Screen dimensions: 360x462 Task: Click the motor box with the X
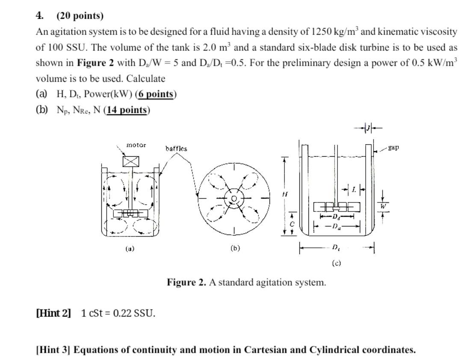[x=130, y=161]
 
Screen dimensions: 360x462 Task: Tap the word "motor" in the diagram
[x=136, y=145]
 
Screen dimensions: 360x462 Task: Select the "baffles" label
[x=176, y=149]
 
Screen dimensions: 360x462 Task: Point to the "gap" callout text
[x=394, y=147]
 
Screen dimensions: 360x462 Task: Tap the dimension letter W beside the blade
[x=383, y=206]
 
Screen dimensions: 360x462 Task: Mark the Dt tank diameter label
[x=336, y=247]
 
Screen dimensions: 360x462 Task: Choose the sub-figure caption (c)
[x=336, y=263]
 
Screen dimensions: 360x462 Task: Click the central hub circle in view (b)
[x=234, y=199]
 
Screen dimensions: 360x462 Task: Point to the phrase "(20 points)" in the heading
[x=80, y=16]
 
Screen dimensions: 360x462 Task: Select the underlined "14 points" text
[x=127, y=110]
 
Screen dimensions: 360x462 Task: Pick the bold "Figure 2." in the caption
[x=187, y=283]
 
